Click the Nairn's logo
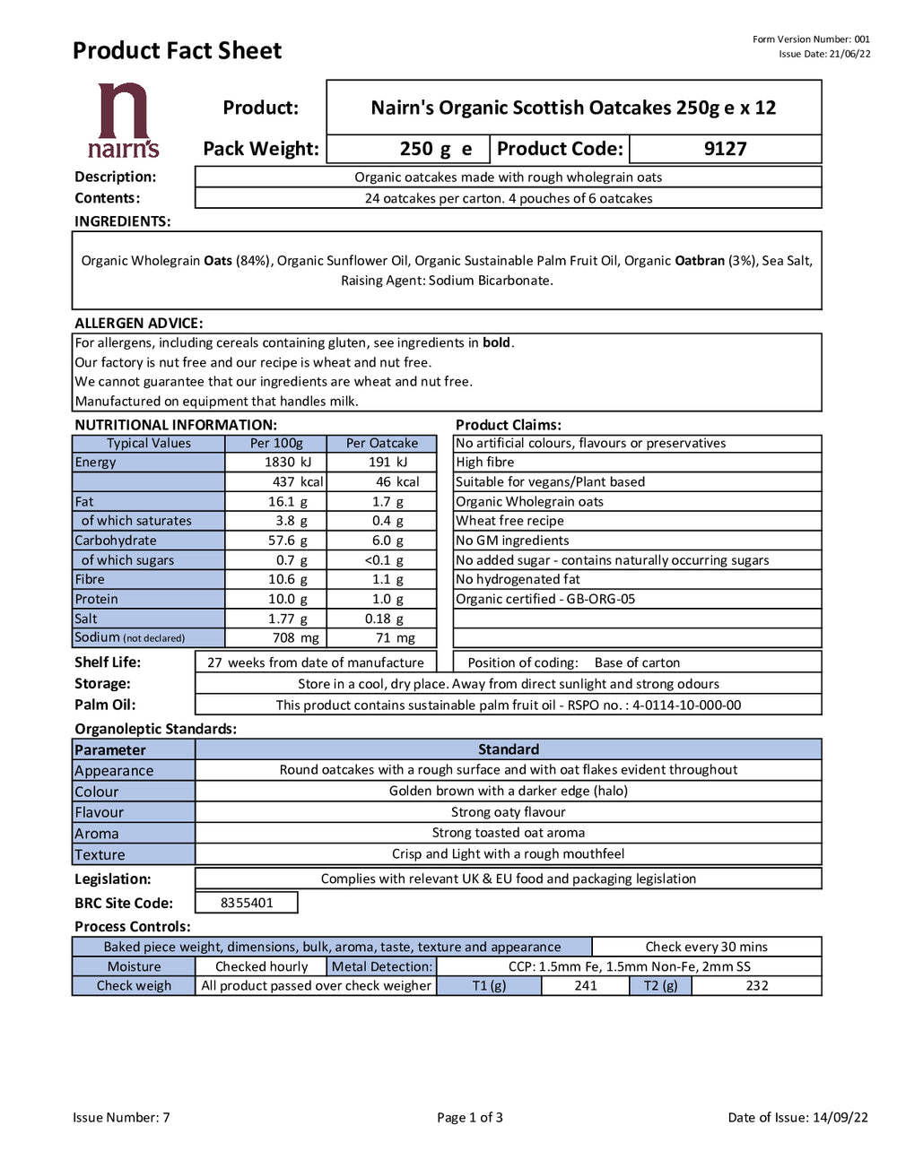point(124,120)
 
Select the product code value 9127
point(725,149)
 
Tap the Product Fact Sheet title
point(177,51)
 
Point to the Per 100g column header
point(276,443)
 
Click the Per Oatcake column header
point(382,443)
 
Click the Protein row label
point(97,599)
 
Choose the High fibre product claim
point(485,463)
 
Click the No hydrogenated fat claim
point(518,579)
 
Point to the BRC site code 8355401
point(247,903)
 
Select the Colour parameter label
point(97,792)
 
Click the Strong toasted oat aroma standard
point(509,833)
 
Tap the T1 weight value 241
point(586,985)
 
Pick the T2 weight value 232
point(757,985)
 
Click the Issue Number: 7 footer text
point(121,1117)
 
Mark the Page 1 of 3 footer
point(470,1117)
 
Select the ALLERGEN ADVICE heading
point(139,323)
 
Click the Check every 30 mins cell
point(707,947)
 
